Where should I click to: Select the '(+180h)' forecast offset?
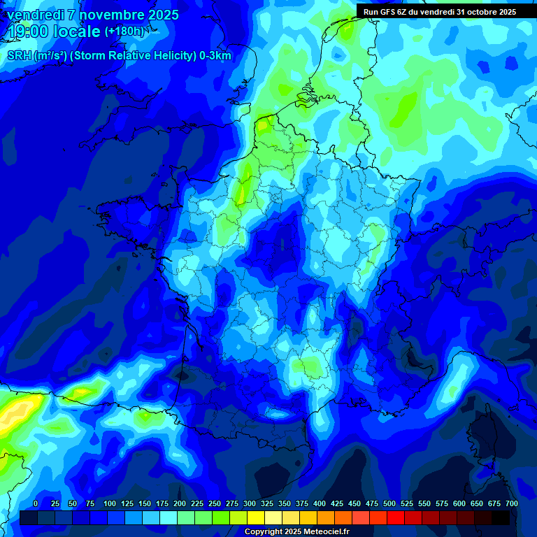124,31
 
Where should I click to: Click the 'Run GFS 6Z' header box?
439,11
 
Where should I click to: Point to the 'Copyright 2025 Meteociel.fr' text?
296,531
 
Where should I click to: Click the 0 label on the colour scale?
36,503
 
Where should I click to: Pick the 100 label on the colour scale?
110,503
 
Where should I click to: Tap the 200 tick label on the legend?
180,503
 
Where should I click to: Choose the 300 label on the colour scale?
250,503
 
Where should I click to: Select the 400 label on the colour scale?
320,503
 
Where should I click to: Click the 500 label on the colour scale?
389,503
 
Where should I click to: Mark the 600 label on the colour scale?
459,503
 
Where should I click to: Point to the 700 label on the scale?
512,503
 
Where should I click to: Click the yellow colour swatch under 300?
256,518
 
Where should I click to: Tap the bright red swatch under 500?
396,518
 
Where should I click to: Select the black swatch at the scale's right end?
501,518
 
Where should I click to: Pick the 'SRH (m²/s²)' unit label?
36,56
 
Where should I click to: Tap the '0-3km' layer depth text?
215,56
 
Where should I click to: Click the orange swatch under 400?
326,518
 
